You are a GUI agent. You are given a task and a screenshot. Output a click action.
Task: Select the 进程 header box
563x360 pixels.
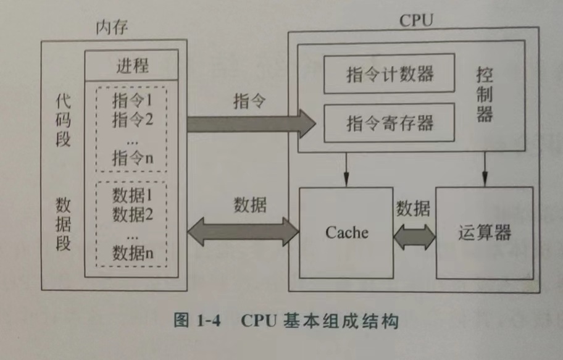click(131, 64)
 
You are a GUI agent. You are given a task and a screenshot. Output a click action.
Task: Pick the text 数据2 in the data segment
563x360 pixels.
click(132, 215)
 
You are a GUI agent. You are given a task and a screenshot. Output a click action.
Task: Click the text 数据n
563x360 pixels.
click(132, 253)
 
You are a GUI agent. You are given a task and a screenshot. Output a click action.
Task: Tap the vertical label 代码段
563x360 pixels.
click(63, 120)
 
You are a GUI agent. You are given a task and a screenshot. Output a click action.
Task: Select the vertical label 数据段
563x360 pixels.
click(63, 223)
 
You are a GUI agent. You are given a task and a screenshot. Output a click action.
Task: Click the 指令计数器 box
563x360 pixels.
click(389, 74)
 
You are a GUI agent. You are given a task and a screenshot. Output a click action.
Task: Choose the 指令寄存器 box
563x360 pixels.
click(389, 122)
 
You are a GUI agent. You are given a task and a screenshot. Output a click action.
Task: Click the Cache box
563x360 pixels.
click(346, 233)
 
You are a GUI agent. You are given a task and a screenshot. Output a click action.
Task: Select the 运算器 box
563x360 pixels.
click(485, 233)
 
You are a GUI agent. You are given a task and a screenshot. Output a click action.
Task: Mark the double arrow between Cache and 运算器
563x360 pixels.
click(415, 235)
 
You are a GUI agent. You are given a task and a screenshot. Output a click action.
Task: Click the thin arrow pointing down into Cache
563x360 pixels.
click(346, 169)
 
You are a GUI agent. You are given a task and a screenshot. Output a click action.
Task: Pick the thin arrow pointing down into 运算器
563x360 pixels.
click(485, 169)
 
